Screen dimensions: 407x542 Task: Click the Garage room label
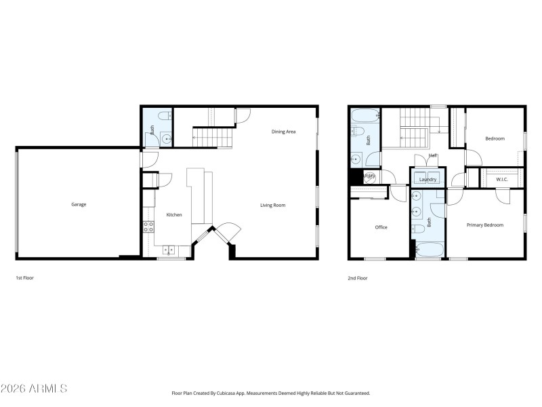79,204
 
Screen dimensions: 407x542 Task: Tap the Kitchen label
174,215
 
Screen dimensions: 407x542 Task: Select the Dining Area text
284,132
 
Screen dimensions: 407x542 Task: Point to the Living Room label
273,205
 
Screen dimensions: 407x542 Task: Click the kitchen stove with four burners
148,227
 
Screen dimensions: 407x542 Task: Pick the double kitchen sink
167,250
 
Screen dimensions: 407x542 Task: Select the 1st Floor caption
24,278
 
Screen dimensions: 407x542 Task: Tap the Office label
381,227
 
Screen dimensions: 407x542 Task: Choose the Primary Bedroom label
484,225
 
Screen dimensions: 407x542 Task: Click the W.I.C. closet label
502,180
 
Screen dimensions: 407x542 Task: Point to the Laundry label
428,180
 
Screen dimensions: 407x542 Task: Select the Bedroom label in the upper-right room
495,139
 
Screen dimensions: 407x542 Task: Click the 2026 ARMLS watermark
34,389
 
